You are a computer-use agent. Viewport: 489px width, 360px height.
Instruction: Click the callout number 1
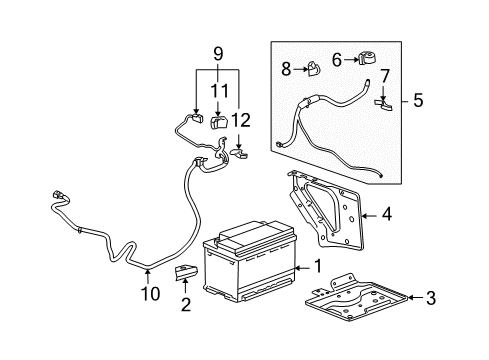317,267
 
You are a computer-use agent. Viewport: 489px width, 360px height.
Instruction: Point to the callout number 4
386,212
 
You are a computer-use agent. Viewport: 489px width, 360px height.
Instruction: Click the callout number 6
336,58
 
